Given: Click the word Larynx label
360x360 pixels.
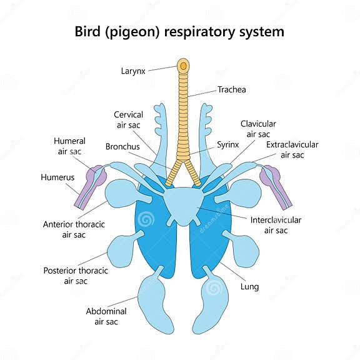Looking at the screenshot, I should pos(133,71).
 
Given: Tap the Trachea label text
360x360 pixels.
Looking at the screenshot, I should pos(232,89).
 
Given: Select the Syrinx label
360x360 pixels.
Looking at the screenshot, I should pos(228,144).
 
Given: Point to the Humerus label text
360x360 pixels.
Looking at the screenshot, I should pos(57,177).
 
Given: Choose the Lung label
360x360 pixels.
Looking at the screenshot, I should pos(249,287).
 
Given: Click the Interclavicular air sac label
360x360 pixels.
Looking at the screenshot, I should pos(276,225).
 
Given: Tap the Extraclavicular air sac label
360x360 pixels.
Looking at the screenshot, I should pos(292,149).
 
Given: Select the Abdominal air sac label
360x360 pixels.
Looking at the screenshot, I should pos(106,316).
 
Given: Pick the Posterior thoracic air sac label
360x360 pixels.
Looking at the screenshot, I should pos(76,276).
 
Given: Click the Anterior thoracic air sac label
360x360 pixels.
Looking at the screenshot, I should pos(74,229).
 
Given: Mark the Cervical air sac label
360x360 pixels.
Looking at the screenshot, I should pos(129,119).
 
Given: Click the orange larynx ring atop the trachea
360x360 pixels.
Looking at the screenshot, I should pos(183,64).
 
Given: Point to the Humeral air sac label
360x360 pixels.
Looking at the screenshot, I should pos(69,146).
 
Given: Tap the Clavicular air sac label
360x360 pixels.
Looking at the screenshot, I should pos(258,129).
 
